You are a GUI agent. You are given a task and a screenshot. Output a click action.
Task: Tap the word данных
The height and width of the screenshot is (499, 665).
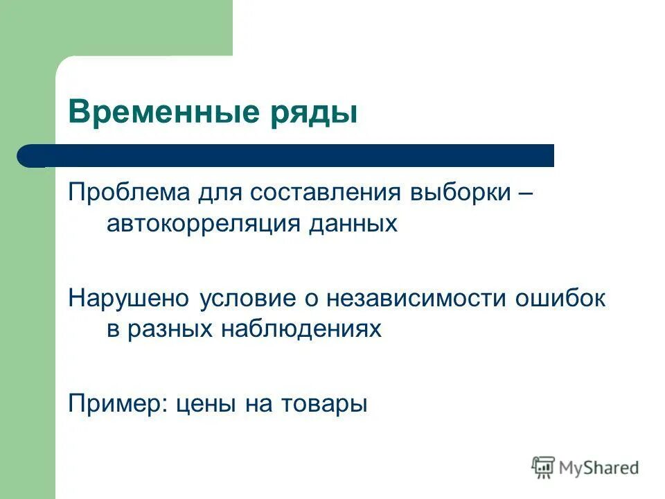(x=353, y=224)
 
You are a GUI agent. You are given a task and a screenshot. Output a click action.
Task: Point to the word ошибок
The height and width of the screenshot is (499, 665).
(x=560, y=298)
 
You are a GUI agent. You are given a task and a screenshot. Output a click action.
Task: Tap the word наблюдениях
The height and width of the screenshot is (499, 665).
(x=302, y=330)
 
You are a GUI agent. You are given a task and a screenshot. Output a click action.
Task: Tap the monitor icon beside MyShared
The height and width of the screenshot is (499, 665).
(x=544, y=467)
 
